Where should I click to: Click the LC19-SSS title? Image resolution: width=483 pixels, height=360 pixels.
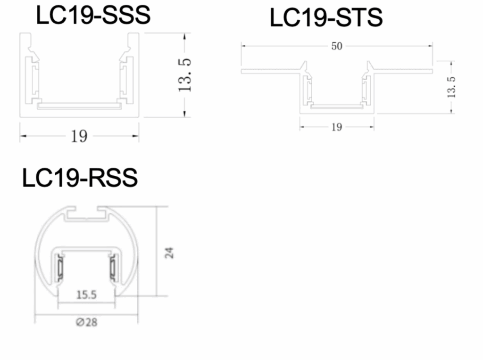pyautogui.click(x=93, y=15)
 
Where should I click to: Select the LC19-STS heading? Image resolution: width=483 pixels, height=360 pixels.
pyautogui.click(x=326, y=17)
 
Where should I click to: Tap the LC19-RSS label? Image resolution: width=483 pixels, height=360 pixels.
pyautogui.click(x=80, y=178)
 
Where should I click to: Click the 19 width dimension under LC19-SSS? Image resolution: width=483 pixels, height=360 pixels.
pyautogui.click(x=79, y=136)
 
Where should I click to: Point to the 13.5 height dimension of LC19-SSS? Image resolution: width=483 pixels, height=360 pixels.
pyautogui.click(x=184, y=75)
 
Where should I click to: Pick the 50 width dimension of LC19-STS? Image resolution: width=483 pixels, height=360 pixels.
pyautogui.click(x=337, y=46)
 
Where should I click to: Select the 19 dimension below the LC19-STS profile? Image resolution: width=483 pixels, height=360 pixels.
pyautogui.click(x=337, y=127)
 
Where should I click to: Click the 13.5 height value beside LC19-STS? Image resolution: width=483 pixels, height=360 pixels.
pyautogui.click(x=451, y=87)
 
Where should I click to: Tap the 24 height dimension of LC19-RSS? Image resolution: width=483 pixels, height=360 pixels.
pyautogui.click(x=169, y=253)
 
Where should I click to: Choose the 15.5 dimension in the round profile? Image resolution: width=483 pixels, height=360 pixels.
pyautogui.click(x=86, y=295)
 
